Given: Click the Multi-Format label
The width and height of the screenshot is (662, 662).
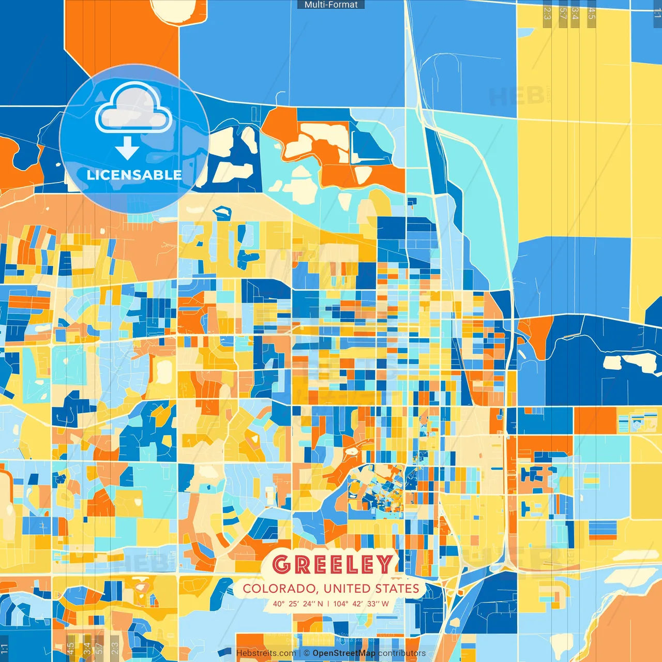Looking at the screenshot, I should click(x=331, y=5).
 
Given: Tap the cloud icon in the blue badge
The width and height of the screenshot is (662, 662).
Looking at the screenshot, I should click(x=133, y=108).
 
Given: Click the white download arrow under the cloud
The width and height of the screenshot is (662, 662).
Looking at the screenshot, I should click(x=127, y=148).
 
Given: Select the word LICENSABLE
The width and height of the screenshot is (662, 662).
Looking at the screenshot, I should click(x=134, y=175).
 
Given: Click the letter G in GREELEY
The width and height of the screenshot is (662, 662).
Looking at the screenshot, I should click(x=282, y=565).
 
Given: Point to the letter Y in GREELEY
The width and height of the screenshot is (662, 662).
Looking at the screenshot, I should click(x=384, y=565).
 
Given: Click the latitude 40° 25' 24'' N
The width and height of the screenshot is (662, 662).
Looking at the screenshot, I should click(x=298, y=604).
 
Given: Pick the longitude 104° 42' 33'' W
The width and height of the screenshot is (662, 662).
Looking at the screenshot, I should click(x=361, y=604).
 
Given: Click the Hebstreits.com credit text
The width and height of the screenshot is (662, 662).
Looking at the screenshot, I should click(x=266, y=653).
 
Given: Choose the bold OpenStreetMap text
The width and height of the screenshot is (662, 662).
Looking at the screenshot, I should click(x=344, y=653).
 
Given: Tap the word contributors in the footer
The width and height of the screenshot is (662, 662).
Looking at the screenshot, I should click(x=402, y=653).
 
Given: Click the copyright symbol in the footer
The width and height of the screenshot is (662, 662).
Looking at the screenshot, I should click(x=307, y=653).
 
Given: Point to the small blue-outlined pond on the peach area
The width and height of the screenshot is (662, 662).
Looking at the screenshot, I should click(x=222, y=212).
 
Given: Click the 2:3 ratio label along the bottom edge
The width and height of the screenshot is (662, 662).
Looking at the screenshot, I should click(x=115, y=648).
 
